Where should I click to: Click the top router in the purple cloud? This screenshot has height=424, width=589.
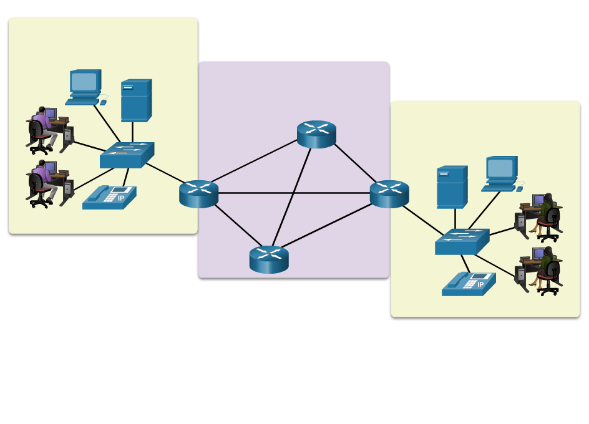pos(316,134)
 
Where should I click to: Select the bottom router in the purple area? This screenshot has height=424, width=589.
pos(269,259)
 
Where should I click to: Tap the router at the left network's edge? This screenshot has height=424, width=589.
pos(198,194)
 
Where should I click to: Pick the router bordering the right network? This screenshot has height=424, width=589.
pos(389,194)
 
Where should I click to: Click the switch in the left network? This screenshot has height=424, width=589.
pos(127,155)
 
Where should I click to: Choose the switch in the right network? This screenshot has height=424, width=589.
pos(462,242)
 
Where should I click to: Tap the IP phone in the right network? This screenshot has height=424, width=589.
pos(469,284)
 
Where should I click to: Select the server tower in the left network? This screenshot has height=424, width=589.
pos(136,100)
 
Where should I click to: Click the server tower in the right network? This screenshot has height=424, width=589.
pos(452,186)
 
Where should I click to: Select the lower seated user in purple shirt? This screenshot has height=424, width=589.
pos(42,183)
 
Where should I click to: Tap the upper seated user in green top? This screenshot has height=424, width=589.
pos(547,216)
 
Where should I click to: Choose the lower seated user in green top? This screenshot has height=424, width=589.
pos(547,269)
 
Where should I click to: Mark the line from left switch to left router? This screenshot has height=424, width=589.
pos(165,173)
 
